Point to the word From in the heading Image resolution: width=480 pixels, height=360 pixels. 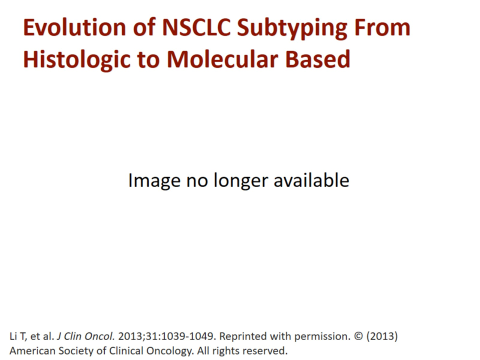pos(382,28)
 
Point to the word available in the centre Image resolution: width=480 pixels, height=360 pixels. pos(311,180)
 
